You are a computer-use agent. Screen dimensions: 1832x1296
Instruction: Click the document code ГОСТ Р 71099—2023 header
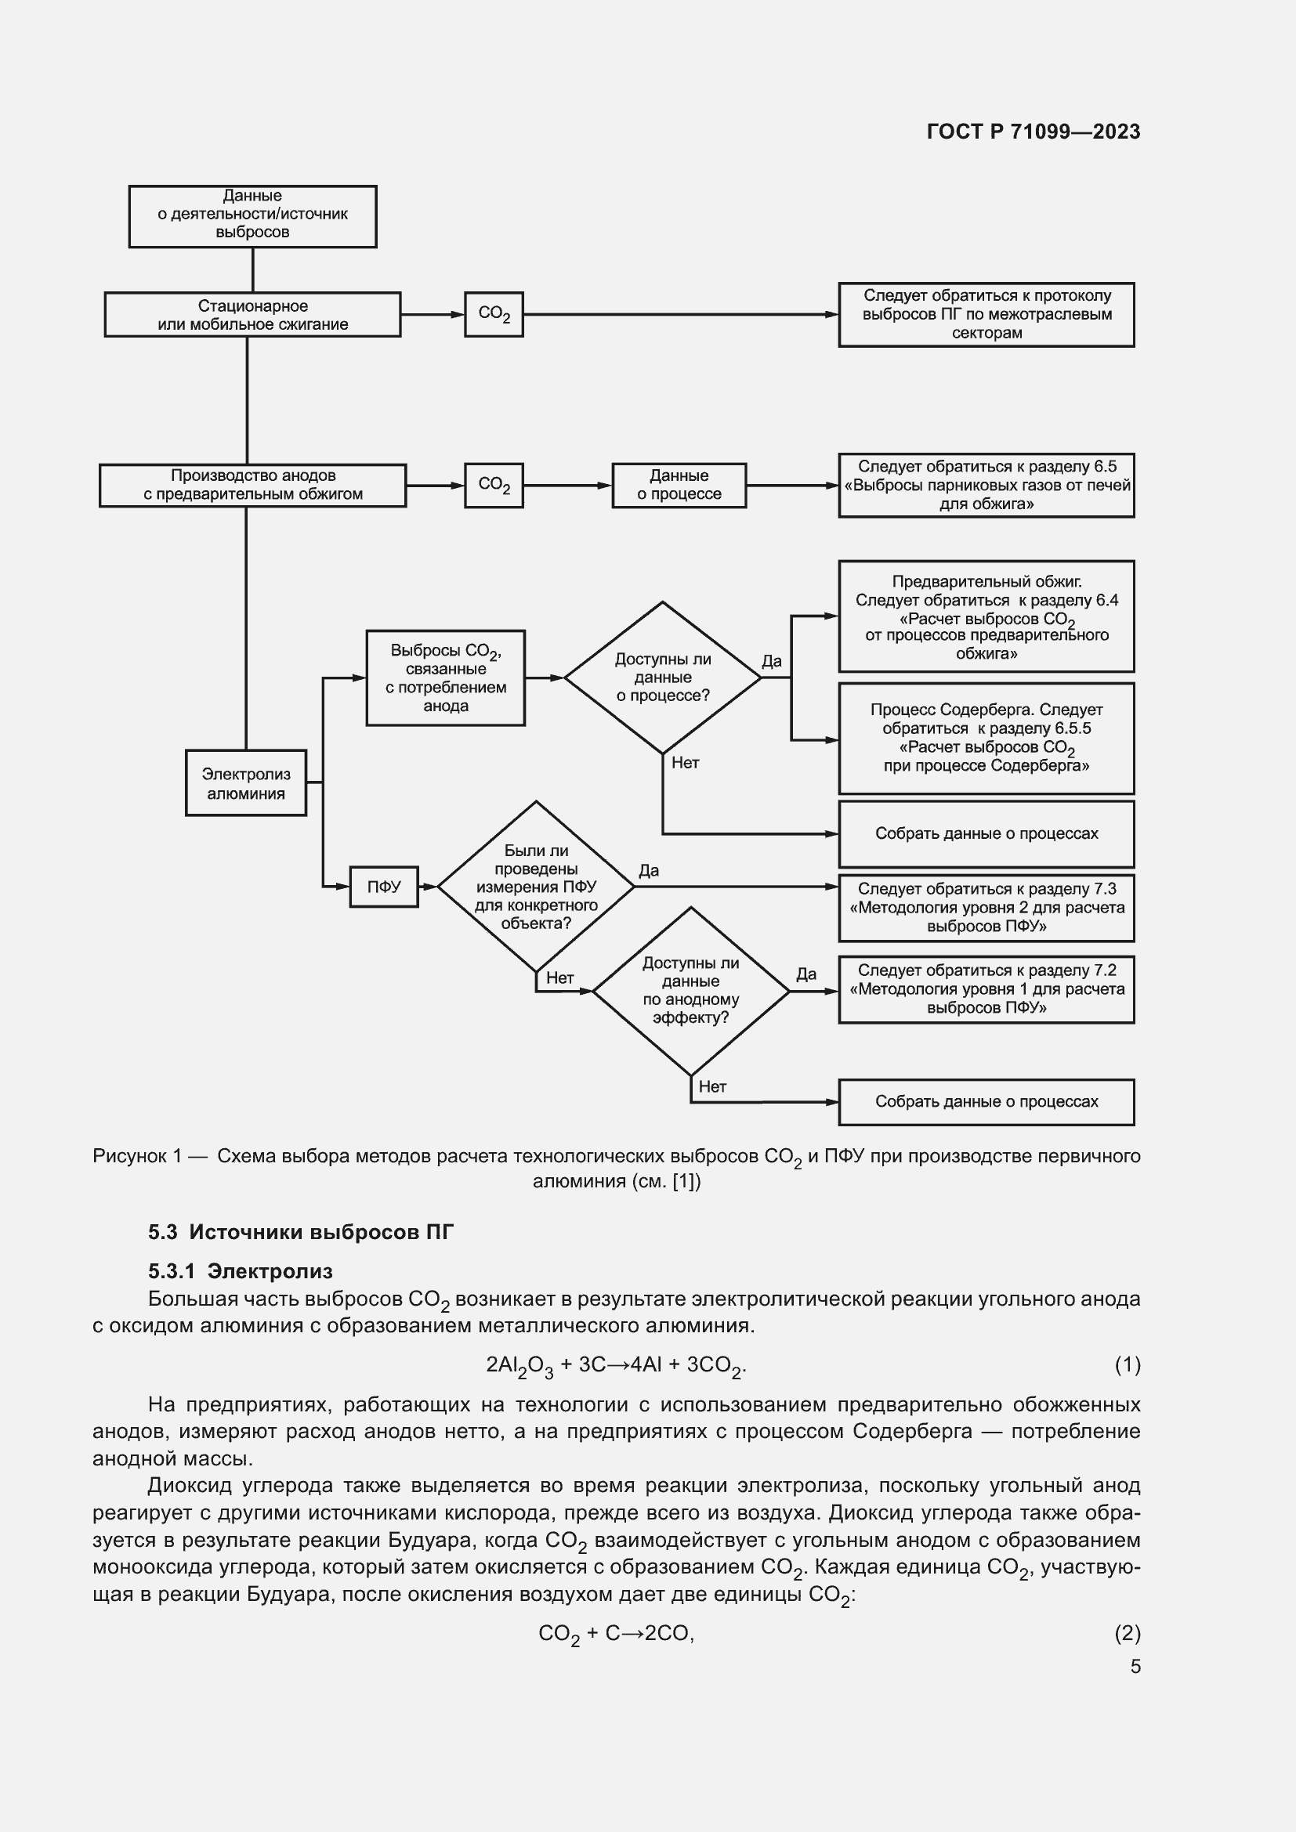coord(1034,132)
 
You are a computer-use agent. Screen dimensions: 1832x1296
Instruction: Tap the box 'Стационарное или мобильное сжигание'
coord(252,314)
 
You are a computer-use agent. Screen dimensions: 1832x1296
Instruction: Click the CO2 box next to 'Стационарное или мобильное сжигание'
coord(493,314)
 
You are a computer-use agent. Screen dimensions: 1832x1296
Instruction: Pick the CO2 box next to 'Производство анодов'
coord(493,485)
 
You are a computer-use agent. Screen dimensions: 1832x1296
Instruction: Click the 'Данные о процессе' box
coord(679,485)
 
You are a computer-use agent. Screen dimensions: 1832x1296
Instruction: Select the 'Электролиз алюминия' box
coord(246,782)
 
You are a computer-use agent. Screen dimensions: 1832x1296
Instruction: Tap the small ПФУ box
coord(384,887)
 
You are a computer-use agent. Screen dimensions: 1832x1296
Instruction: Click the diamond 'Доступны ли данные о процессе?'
coord(662,678)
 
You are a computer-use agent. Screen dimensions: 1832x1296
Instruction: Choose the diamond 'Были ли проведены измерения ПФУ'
coord(535,887)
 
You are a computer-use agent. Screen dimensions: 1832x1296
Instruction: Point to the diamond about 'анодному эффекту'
coord(690,990)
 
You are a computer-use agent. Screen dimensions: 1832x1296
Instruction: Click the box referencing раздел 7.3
coord(986,908)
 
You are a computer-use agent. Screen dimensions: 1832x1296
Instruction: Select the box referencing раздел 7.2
coord(986,989)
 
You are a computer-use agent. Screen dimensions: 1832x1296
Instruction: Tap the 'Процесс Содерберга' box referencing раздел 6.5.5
coord(986,738)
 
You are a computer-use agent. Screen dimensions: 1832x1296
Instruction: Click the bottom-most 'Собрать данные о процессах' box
coord(986,1102)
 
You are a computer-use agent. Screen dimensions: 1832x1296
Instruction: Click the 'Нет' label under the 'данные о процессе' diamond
coord(685,763)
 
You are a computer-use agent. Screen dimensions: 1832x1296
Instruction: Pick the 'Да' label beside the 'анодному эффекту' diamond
coord(806,974)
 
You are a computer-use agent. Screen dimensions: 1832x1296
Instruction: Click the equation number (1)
coord(1127,1365)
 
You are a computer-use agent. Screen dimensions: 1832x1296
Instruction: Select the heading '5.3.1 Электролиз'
coord(241,1271)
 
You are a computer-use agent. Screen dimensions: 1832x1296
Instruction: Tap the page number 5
coord(1135,1667)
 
